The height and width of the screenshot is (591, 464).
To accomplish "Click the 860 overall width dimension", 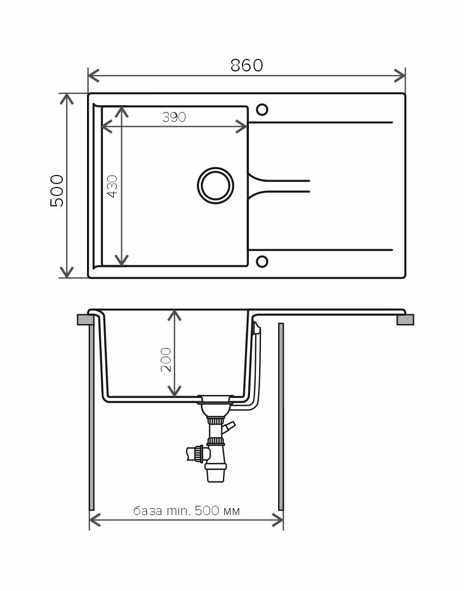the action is click(x=247, y=66).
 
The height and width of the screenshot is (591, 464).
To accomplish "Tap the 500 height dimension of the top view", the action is click(x=57, y=190).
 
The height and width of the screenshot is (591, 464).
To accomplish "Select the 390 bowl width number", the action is click(x=174, y=117).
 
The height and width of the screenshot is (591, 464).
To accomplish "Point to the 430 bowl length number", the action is click(x=112, y=186).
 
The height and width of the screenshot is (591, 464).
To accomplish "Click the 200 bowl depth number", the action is click(x=166, y=360).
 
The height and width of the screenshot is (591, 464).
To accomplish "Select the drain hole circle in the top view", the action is click(x=215, y=185).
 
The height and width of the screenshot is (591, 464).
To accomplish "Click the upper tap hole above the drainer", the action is click(x=262, y=110).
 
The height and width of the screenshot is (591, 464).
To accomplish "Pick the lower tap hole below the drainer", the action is click(x=262, y=262).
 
